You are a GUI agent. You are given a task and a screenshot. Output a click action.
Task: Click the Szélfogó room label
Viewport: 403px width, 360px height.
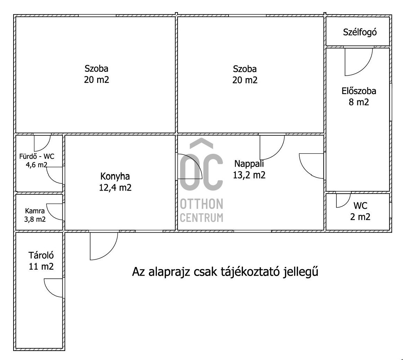click(360, 32)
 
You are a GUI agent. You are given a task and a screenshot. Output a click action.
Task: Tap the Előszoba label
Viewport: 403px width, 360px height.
click(359, 91)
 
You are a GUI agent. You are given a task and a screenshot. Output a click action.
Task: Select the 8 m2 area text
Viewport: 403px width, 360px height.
click(359, 102)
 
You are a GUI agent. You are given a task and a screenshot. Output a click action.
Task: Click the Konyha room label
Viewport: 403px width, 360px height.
click(115, 176)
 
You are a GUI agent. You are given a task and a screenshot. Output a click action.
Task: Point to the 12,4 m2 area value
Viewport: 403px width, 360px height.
click(115, 187)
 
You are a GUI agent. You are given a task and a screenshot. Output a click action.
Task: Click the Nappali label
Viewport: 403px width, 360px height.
click(249, 164)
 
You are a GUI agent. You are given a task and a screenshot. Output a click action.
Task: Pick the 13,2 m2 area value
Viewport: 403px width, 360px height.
click(249, 175)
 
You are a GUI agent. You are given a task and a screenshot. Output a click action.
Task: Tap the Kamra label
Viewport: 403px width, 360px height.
click(35, 211)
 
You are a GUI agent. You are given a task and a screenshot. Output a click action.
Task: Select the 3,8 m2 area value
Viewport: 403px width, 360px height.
click(35, 219)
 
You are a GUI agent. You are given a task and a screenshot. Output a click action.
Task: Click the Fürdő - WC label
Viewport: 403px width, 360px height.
click(37, 157)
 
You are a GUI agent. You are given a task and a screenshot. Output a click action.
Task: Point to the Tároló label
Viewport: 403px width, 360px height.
click(41, 255)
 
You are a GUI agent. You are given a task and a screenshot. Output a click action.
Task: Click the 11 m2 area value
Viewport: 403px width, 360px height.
click(41, 266)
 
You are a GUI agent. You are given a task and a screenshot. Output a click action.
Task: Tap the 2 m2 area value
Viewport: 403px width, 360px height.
click(360, 217)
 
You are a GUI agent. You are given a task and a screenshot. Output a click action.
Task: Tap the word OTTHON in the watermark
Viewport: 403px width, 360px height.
click(201, 204)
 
